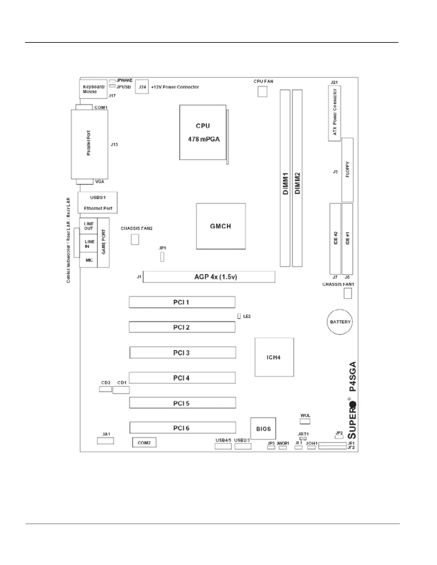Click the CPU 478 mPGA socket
203,132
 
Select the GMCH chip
221,226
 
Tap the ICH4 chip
274,357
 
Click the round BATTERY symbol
340,322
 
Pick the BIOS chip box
263,429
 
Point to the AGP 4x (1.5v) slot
209,277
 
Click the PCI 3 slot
182,353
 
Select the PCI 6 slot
182,428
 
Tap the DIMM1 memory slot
285,178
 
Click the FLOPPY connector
347,170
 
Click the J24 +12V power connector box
142,87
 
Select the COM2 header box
144,443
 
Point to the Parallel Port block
89,144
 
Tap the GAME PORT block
104,243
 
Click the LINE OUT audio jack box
89,226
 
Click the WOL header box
305,421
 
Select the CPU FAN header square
262,92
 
